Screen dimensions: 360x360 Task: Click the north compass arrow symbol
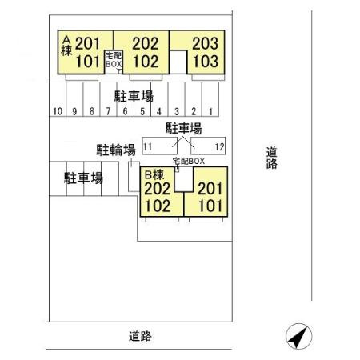[x=298, y=337]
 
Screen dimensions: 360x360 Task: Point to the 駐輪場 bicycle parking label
[x=116, y=150]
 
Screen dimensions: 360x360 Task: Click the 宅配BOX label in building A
[x=114, y=60]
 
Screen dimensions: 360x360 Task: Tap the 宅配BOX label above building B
[x=189, y=161]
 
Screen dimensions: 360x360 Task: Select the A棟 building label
[x=66, y=46]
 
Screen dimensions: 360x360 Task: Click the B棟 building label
[x=154, y=175]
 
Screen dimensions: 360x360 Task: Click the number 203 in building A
[x=206, y=43]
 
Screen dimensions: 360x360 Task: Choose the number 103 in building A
[x=206, y=62]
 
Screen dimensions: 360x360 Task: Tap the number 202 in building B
[x=158, y=189]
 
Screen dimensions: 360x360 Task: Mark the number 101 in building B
[x=210, y=206]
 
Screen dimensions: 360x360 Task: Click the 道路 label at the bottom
[x=140, y=336]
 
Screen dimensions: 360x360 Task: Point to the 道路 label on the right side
[x=272, y=158]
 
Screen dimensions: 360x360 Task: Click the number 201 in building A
[x=87, y=43]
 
